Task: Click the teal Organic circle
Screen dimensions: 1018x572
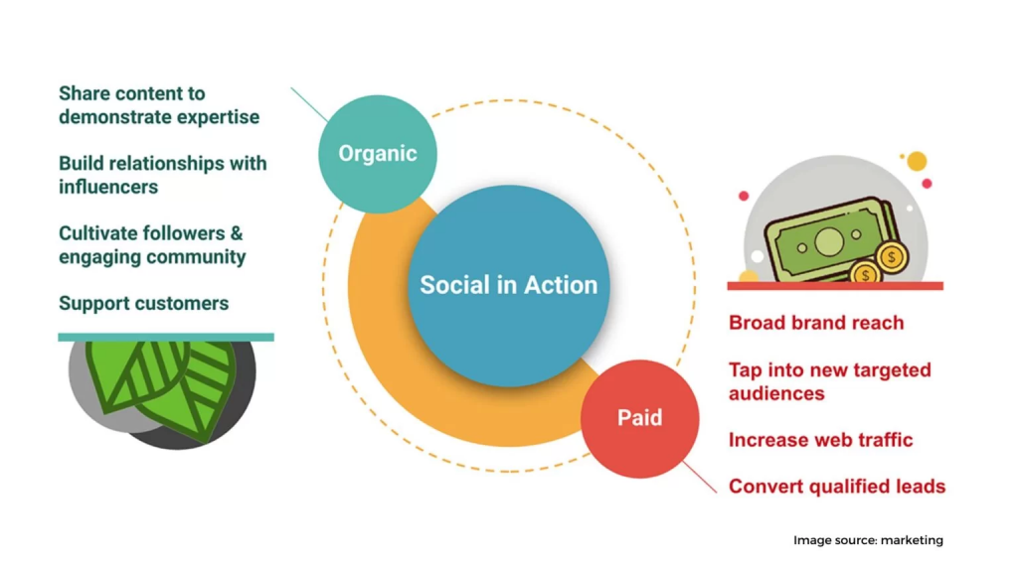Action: (x=377, y=154)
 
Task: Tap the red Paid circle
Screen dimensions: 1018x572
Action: (x=639, y=419)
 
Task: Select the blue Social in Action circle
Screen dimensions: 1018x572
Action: (x=508, y=286)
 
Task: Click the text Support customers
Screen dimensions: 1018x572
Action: (x=143, y=304)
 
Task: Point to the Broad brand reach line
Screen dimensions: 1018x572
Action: (x=816, y=323)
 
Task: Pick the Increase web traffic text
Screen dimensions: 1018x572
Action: (x=820, y=440)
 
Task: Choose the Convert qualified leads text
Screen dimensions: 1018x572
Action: (x=837, y=487)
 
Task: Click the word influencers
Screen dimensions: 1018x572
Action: (x=108, y=187)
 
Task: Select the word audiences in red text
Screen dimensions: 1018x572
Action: (x=776, y=393)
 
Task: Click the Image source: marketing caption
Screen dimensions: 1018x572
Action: (x=868, y=540)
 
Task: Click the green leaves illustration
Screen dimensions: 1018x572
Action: (x=162, y=388)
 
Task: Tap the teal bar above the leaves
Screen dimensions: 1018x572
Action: (x=166, y=338)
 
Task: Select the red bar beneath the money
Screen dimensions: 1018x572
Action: (x=835, y=286)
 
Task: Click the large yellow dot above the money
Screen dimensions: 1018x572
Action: (x=917, y=161)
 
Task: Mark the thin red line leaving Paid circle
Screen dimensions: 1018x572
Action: (x=700, y=478)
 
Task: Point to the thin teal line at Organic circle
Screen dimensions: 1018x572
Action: (x=310, y=104)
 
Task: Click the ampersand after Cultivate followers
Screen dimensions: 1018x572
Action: (x=237, y=233)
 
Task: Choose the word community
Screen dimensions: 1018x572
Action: (x=198, y=257)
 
